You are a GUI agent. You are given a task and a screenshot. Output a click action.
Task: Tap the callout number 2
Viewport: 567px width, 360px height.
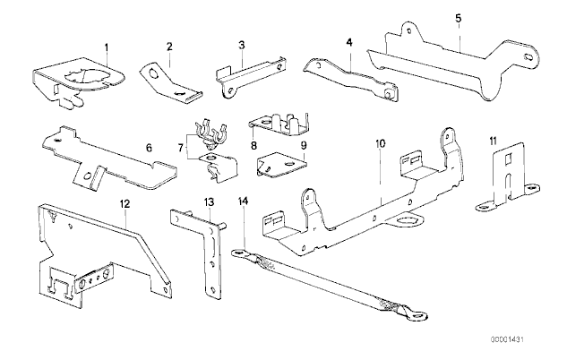click(168, 46)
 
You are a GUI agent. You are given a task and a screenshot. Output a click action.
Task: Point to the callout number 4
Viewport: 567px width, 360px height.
click(350, 41)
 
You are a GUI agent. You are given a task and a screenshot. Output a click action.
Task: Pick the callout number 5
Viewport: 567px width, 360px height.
click(458, 17)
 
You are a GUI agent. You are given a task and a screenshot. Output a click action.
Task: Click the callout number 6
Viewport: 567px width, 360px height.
click(149, 146)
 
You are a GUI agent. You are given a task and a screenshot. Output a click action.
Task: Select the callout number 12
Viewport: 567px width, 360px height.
click(125, 204)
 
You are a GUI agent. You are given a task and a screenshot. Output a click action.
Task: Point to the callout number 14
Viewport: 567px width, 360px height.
click(242, 201)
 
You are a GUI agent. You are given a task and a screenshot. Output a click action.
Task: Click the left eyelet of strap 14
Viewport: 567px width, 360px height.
click(239, 253)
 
